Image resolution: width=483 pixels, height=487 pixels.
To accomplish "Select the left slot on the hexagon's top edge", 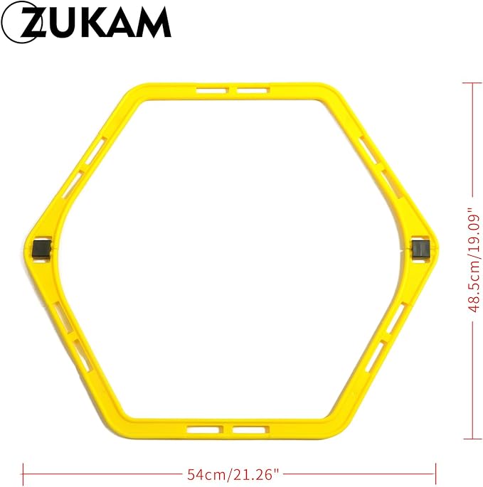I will tap(210, 91).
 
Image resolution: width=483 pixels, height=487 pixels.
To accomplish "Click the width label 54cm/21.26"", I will tap(229, 473).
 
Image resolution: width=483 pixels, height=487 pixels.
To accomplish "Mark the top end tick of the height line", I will tap(472, 83).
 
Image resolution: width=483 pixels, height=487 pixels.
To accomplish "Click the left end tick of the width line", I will tap(23, 473).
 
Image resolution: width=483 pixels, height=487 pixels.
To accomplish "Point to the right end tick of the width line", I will tap(435, 473).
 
